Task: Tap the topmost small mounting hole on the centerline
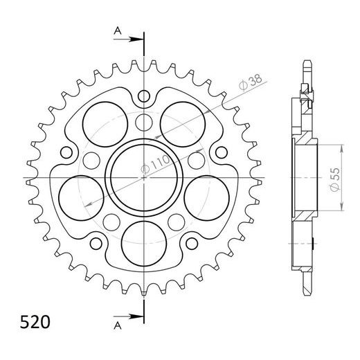pyautogui.click(x=144, y=96)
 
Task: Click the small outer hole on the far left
pyautogui.click(x=67, y=152)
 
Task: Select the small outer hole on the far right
pyautogui.click(x=221, y=152)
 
